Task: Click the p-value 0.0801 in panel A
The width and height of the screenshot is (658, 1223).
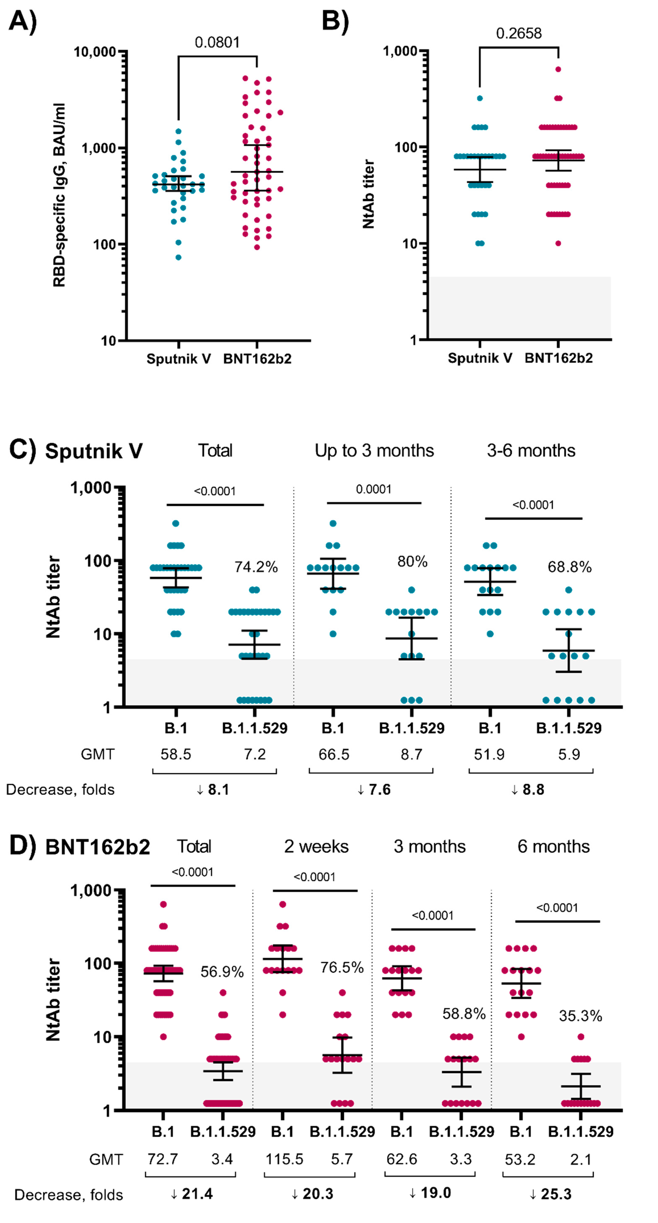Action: click(x=217, y=43)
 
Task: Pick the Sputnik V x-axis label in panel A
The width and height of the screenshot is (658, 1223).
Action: click(x=179, y=359)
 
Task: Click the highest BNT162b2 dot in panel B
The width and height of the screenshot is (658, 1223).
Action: click(x=558, y=69)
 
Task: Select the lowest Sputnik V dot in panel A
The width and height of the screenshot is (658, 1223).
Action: click(x=179, y=257)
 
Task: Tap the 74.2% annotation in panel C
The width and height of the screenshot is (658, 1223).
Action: click(x=256, y=567)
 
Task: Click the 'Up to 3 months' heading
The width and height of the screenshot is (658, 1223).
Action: click(x=374, y=451)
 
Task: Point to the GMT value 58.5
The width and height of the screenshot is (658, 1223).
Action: click(x=176, y=754)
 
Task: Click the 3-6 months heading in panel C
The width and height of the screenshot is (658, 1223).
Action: click(x=531, y=451)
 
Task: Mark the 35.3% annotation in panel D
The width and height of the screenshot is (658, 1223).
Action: click(x=580, y=1016)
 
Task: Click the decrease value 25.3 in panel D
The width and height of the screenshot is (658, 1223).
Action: click(x=551, y=1194)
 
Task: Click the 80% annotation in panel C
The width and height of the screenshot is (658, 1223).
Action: click(x=412, y=562)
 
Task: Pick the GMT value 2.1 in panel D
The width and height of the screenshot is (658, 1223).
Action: click(x=581, y=1159)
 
